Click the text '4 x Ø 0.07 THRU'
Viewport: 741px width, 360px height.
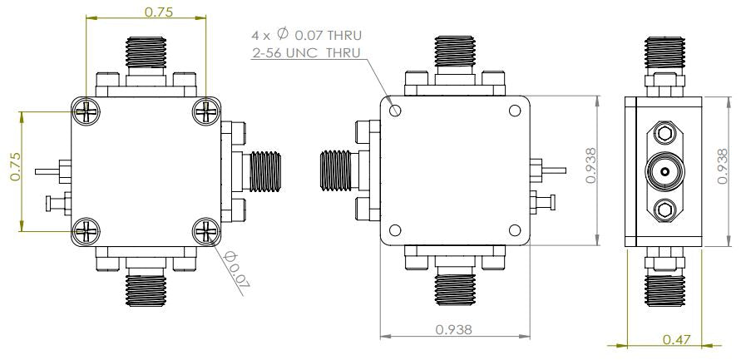(x=307, y=36)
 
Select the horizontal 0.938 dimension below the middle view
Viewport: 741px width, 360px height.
(x=454, y=329)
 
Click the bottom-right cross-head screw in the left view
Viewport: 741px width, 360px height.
(x=205, y=232)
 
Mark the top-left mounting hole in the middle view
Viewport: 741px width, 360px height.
(x=396, y=110)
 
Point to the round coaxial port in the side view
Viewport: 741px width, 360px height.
(x=664, y=172)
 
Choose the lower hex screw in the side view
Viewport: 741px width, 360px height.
(x=664, y=210)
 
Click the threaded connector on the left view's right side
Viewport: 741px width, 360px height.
(x=266, y=170)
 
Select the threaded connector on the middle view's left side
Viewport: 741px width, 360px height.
(x=337, y=171)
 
